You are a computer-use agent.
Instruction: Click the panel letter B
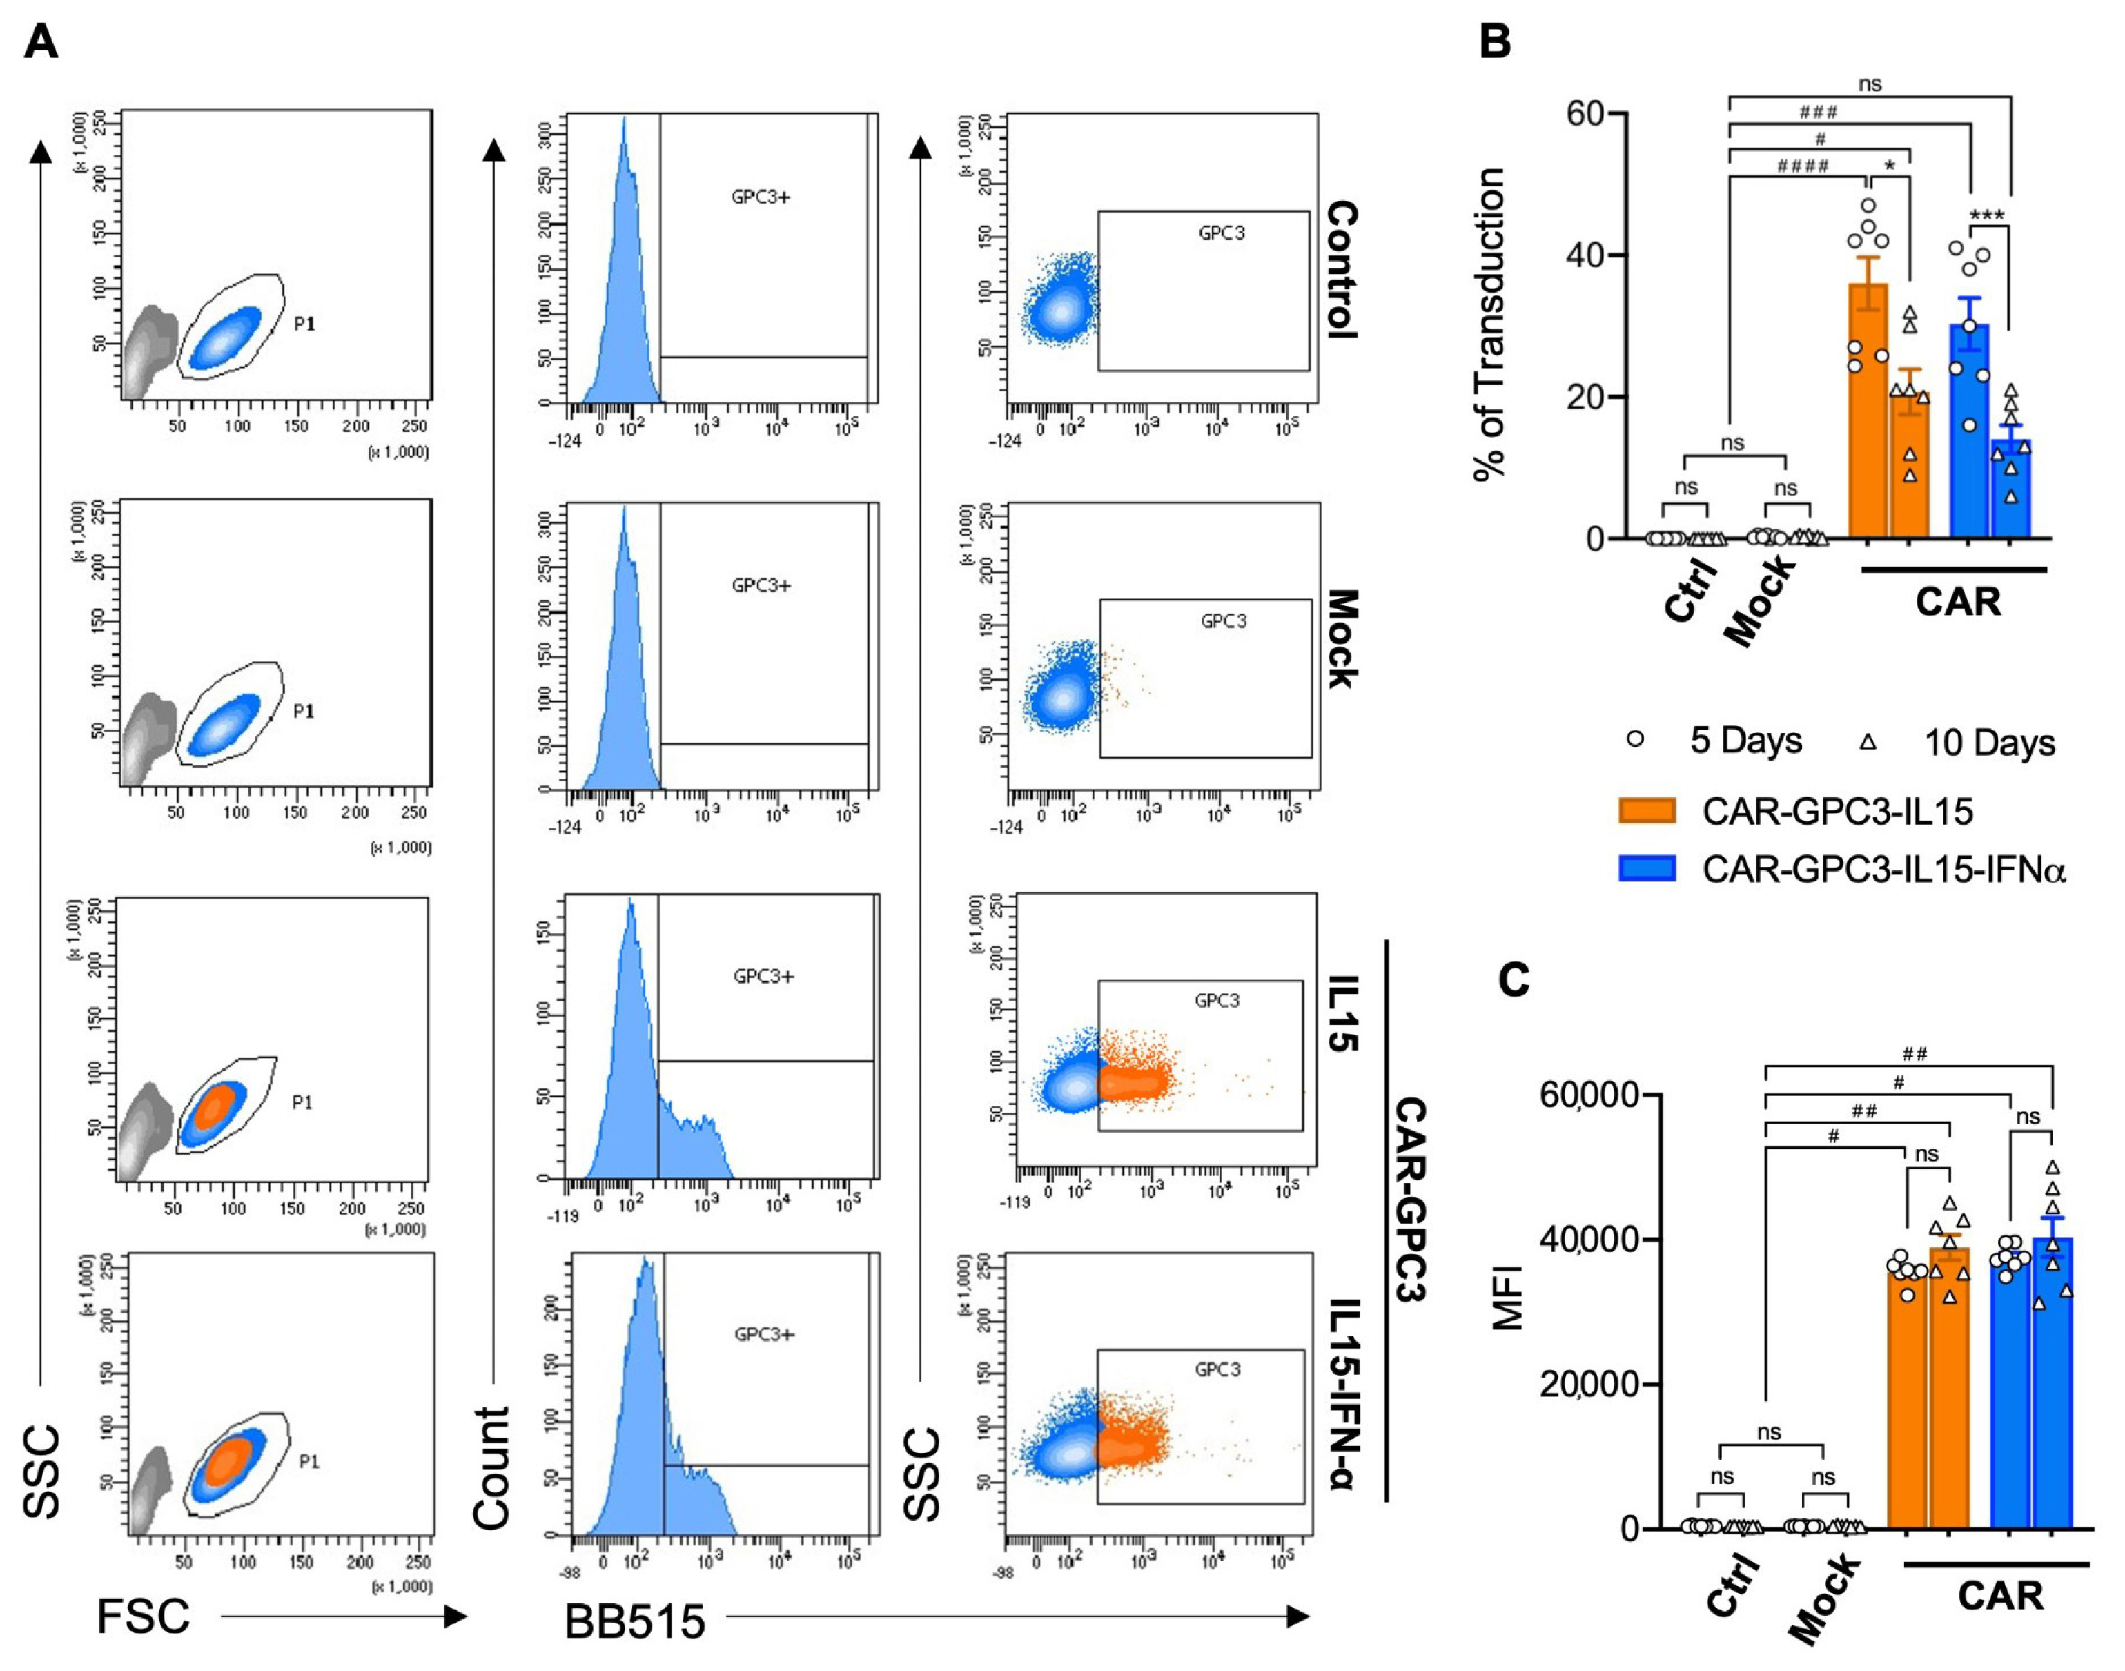(x=1495, y=42)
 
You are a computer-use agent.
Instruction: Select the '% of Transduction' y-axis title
(x=1489, y=324)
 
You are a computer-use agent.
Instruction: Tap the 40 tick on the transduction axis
(x=1589, y=255)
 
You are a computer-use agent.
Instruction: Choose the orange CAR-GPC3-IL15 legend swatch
(x=1647, y=811)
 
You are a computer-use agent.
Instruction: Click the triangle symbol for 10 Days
(x=1867, y=741)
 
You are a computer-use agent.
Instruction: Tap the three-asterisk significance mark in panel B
(x=1987, y=216)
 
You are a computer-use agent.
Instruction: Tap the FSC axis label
(x=143, y=1617)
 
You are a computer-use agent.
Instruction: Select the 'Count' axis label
(x=491, y=1467)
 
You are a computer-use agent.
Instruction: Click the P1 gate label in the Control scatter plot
(x=305, y=324)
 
